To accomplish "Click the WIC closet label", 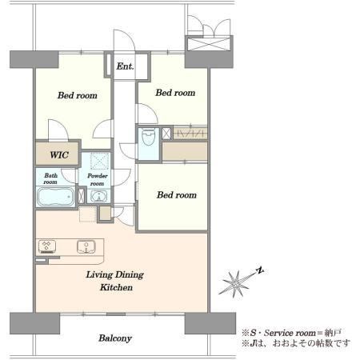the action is click(x=59, y=155).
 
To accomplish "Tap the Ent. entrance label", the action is click(x=125, y=66).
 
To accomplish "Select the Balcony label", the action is click(x=115, y=338).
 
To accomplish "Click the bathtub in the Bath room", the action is click(x=56, y=197).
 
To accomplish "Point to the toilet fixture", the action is click(x=148, y=137).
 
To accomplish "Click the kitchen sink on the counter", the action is click(x=86, y=246).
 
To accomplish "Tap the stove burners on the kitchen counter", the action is click(x=47, y=246).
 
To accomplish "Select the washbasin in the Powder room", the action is click(x=98, y=196).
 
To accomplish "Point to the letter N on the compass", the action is click(x=259, y=270).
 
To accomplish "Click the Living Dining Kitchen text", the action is click(x=115, y=281).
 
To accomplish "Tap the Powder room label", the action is click(x=98, y=179).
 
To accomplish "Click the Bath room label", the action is click(x=50, y=178).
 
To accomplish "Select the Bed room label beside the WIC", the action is click(x=78, y=95).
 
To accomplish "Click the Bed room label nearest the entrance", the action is click(x=175, y=93).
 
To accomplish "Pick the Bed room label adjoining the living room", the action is click(x=177, y=195).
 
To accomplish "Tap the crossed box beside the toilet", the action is click(x=166, y=134).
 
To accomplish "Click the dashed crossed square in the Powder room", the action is click(x=100, y=162).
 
